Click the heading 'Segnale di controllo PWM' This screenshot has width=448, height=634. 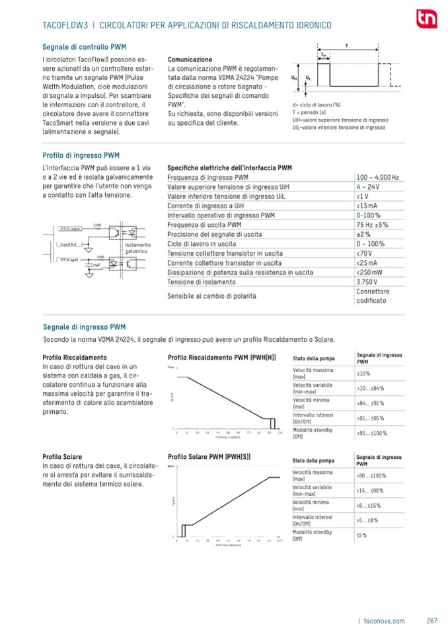pyautogui.click(x=84, y=48)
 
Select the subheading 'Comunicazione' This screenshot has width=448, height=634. pyautogui.click(x=190, y=59)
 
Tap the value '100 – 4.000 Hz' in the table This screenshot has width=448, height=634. pyautogui.click(x=377, y=178)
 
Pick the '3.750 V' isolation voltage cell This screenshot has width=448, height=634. pyautogui.click(x=367, y=282)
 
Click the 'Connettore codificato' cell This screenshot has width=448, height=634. pyautogui.click(x=373, y=296)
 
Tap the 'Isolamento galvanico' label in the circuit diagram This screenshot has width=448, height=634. pyautogui.click(x=137, y=248)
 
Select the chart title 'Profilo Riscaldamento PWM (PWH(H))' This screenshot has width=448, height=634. pyautogui.click(x=222, y=358)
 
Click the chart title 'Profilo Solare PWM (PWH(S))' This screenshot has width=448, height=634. pyautogui.click(x=209, y=457)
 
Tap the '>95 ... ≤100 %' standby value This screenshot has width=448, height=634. pyautogui.click(x=371, y=433)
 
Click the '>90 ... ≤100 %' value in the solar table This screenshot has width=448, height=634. pyautogui.click(x=371, y=475)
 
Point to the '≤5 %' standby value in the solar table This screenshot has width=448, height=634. pyautogui.click(x=361, y=535)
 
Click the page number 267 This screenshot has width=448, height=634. pyautogui.click(x=432, y=620)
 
